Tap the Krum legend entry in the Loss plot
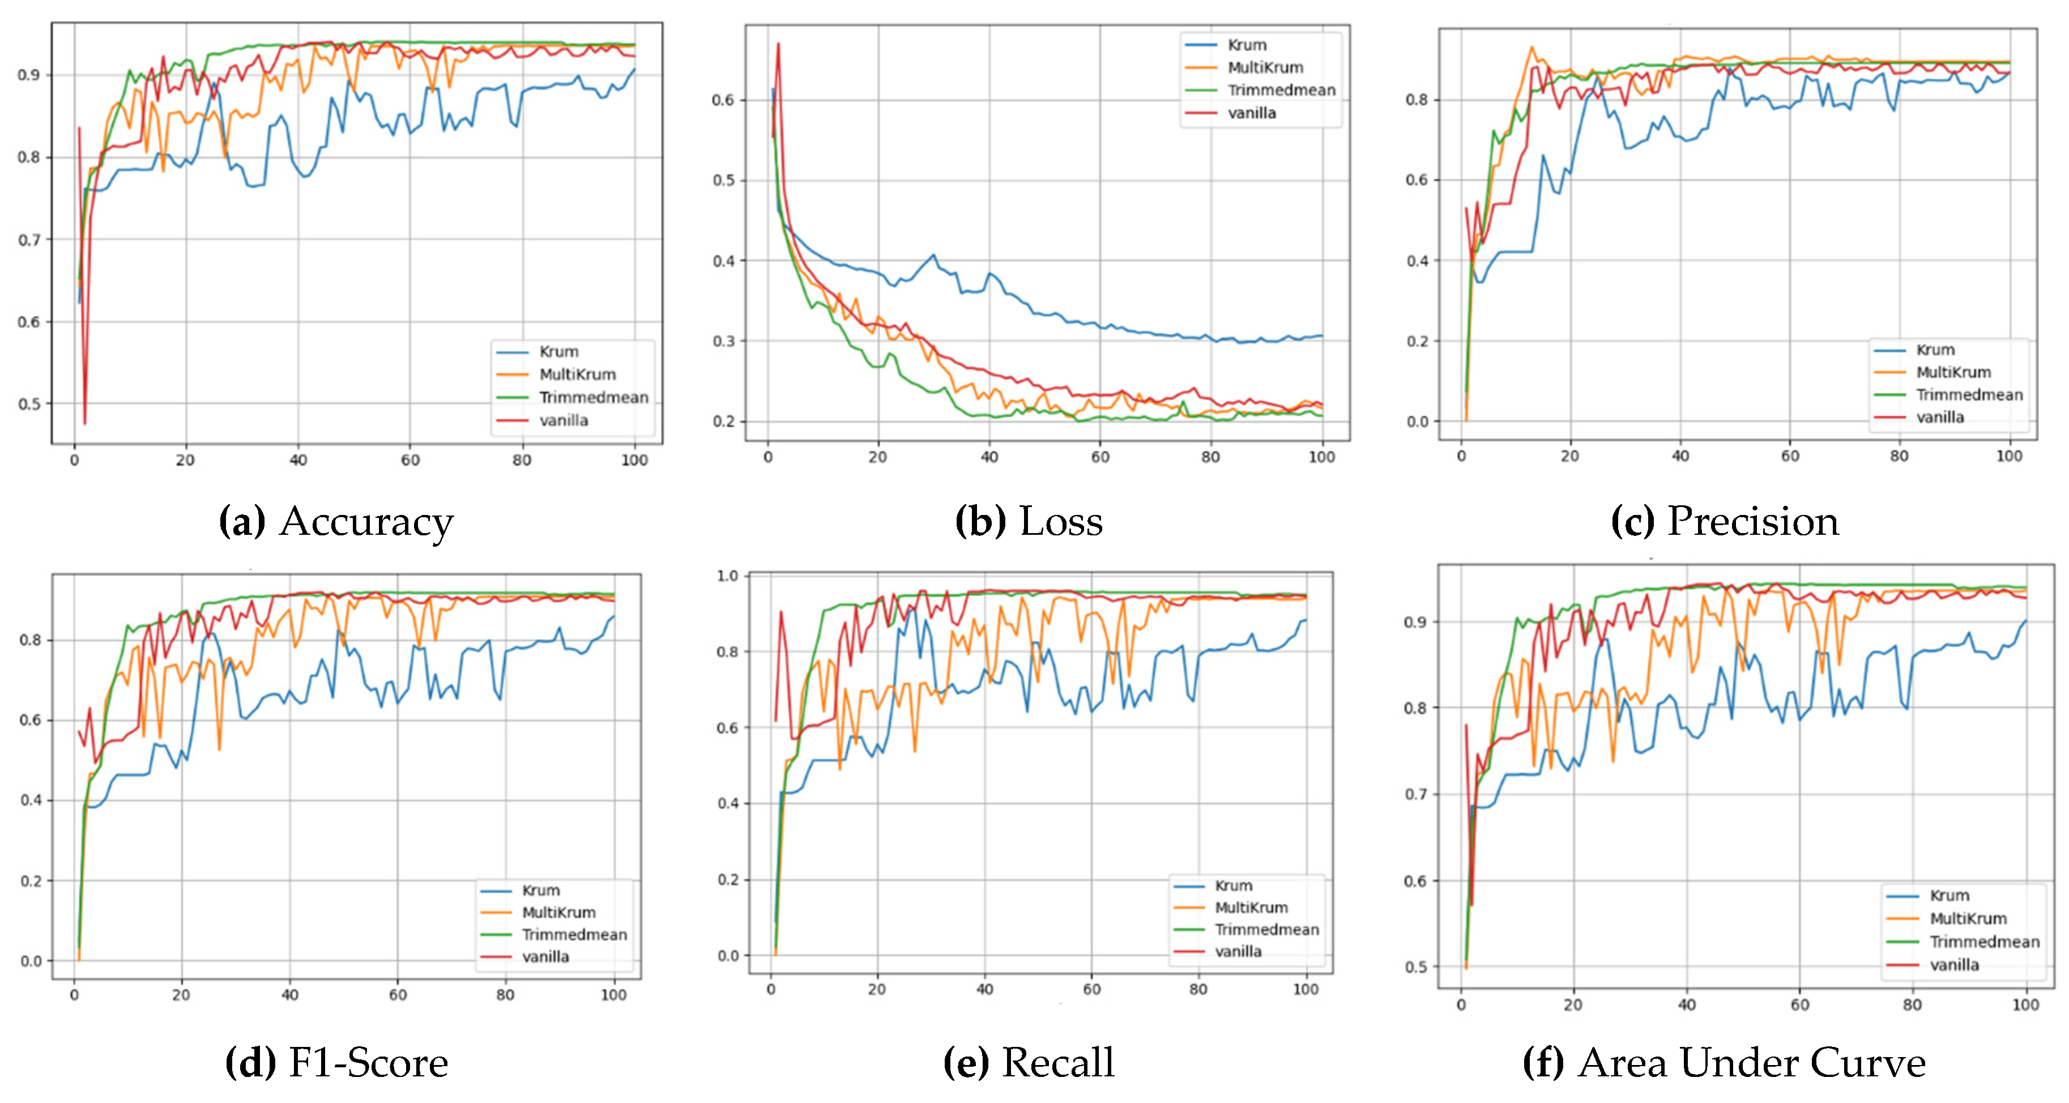point(1247,45)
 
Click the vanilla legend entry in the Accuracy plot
point(563,420)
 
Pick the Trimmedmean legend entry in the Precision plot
point(1969,394)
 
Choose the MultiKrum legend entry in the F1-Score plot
point(558,913)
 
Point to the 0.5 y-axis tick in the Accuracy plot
point(29,404)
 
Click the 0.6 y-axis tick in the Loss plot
point(724,100)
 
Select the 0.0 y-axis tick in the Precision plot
point(1418,421)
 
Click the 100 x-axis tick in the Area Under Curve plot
point(2025,1004)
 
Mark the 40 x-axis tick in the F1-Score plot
point(289,995)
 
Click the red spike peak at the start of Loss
point(778,44)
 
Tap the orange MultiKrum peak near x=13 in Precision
point(1532,48)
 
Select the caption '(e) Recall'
point(1029,1063)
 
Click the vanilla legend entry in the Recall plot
point(1238,951)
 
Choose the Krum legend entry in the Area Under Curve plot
point(1949,895)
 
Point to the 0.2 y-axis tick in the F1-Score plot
point(31,880)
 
